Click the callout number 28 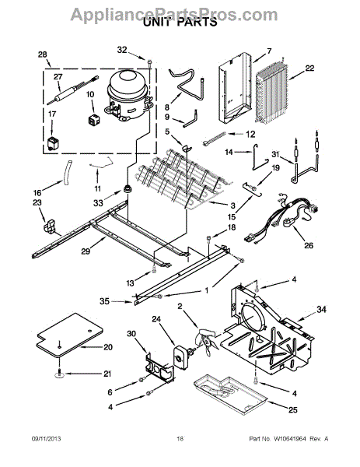click(x=43, y=54)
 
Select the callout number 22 click(x=309, y=68)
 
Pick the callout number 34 click(x=321, y=310)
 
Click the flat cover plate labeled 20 click(x=70, y=335)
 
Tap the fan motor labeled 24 click(x=181, y=356)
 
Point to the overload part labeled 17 click(x=53, y=143)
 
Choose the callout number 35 click(x=104, y=301)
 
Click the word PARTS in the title click(x=197, y=22)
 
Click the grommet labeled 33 click(x=128, y=189)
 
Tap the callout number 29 click(x=86, y=251)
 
